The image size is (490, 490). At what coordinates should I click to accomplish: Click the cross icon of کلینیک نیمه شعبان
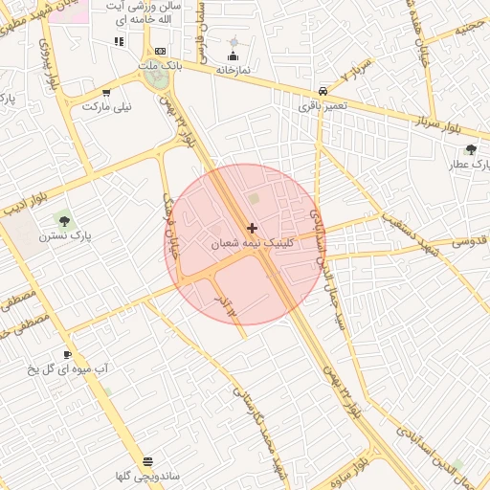click(x=252, y=228)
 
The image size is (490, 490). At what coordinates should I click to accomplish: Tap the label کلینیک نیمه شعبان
click(x=252, y=244)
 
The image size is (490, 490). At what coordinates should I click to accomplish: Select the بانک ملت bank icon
click(x=160, y=51)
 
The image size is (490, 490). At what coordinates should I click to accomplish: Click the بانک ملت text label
click(x=159, y=65)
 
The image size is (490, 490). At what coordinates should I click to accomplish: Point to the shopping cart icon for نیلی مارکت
click(x=105, y=93)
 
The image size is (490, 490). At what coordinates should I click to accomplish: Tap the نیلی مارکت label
click(x=105, y=106)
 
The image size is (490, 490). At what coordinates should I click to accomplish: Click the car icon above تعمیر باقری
click(x=323, y=91)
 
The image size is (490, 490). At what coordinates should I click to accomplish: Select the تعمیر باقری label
click(x=323, y=105)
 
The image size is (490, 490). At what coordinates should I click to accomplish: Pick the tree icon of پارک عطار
click(x=471, y=149)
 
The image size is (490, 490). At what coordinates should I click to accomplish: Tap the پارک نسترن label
click(x=64, y=234)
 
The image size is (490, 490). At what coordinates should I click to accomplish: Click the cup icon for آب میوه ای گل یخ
click(x=67, y=353)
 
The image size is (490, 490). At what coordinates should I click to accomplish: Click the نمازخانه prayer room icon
click(x=233, y=56)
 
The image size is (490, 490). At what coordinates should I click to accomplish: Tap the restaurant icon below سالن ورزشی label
click(x=119, y=41)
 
